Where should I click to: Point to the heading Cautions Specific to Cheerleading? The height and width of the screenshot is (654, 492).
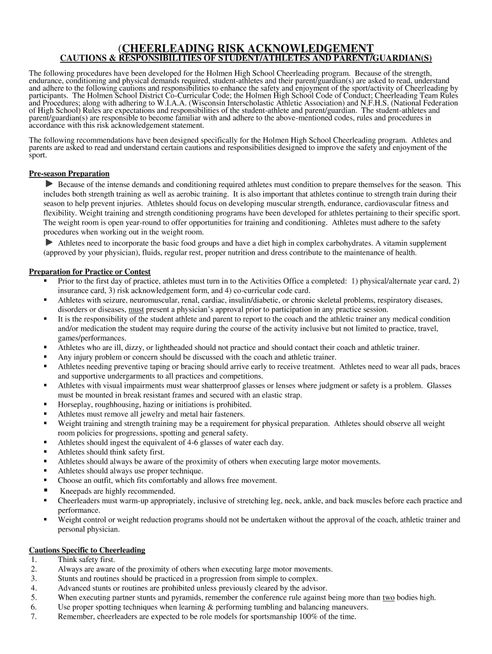click(88, 550)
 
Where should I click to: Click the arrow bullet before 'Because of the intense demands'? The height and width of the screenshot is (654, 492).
click(49, 184)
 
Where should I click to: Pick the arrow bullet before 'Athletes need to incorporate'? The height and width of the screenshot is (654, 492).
click(49, 243)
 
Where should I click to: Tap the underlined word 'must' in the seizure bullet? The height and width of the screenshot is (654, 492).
click(137, 309)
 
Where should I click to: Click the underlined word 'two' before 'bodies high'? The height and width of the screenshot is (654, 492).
click(388, 598)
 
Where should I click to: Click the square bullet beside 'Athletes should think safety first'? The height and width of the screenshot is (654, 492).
click(46, 452)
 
